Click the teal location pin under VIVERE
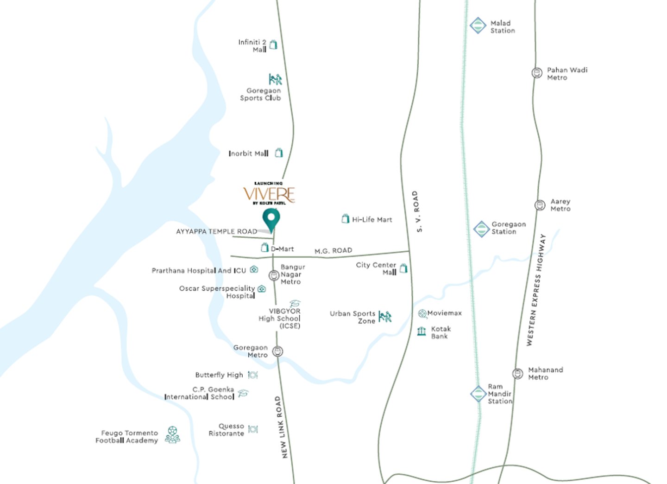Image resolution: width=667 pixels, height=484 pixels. click(x=271, y=218)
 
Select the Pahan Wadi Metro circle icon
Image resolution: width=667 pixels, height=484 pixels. click(x=537, y=73)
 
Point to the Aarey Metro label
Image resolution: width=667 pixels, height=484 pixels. click(x=560, y=205)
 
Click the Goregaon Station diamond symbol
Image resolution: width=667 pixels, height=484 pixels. click(x=481, y=229)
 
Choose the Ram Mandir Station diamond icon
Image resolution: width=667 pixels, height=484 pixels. click(x=478, y=394)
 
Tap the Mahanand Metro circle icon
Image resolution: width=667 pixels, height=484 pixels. click(x=517, y=373)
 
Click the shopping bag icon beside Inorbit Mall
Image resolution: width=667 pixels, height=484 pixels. click(x=279, y=153)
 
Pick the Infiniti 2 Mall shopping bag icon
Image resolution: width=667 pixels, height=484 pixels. click(x=274, y=45)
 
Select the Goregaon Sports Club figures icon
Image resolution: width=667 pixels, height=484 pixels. click(x=275, y=79)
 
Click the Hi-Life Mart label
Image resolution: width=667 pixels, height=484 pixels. click(x=372, y=219)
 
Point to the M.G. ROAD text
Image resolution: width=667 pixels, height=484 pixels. click(x=333, y=250)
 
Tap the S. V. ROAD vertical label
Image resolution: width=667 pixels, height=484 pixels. click(x=417, y=211)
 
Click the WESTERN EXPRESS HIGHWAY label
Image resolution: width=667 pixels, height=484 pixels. click(x=536, y=290)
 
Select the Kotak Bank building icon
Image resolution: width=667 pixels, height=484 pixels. click(x=422, y=331)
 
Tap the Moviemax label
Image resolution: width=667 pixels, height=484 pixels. click(x=444, y=313)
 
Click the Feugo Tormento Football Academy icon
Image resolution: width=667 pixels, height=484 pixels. click(x=172, y=435)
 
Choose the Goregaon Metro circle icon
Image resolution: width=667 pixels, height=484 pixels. click(x=277, y=351)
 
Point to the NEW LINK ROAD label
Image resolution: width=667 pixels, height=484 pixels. click(x=281, y=427)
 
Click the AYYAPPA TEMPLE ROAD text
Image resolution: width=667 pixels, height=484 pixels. click(x=216, y=231)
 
